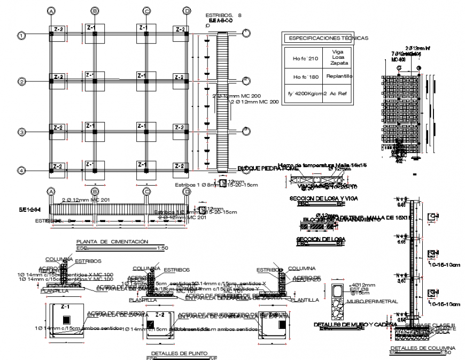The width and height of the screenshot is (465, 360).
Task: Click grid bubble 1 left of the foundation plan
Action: [21, 36]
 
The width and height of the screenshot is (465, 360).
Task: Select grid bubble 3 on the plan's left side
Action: [21, 132]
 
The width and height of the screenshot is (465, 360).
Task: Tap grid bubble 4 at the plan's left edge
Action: [21, 170]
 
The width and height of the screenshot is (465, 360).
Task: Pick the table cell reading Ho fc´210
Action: [301, 59]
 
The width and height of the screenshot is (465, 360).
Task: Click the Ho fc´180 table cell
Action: [301, 76]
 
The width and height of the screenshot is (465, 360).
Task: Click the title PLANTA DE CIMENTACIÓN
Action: [112, 242]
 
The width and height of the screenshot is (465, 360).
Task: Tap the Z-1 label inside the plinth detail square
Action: [65, 307]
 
